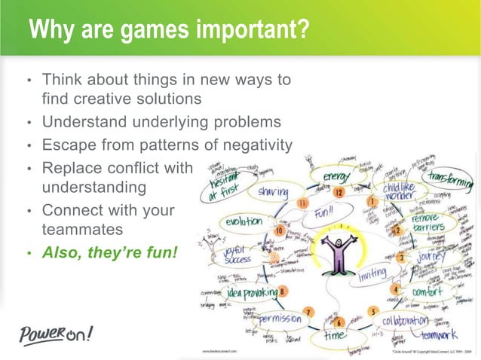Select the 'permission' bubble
click(x=274, y=320)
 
